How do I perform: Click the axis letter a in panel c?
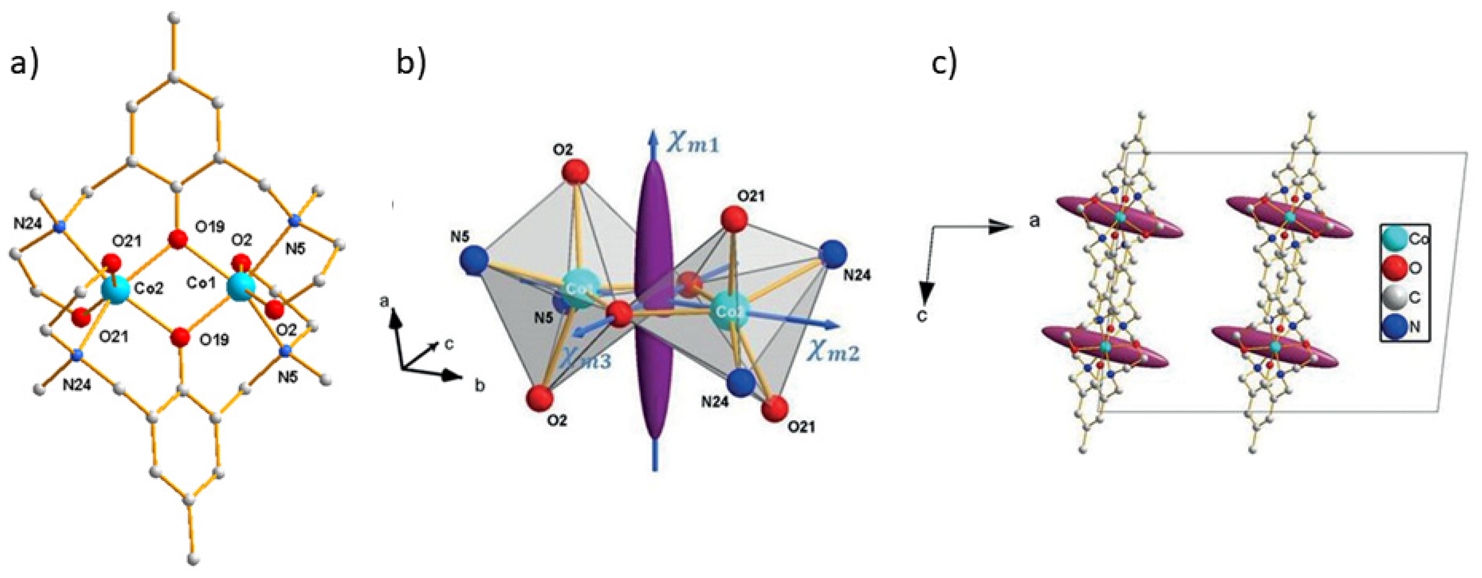1034,220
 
